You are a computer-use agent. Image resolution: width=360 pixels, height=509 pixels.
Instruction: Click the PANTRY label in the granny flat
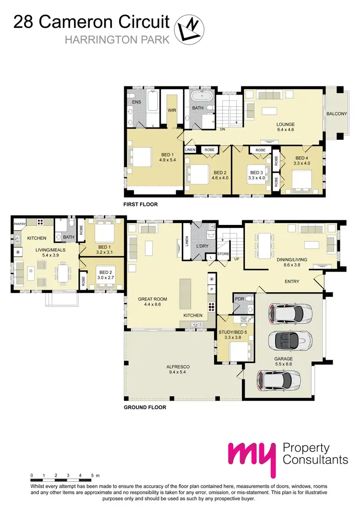coord(20,223)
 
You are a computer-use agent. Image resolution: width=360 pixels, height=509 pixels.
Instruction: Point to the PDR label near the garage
coord(239,299)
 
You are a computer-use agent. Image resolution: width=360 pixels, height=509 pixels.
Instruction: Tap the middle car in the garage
coord(287,342)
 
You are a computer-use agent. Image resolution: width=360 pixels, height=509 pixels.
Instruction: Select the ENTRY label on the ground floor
coord(292,282)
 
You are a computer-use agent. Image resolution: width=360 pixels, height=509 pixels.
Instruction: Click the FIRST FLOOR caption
coord(141,204)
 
